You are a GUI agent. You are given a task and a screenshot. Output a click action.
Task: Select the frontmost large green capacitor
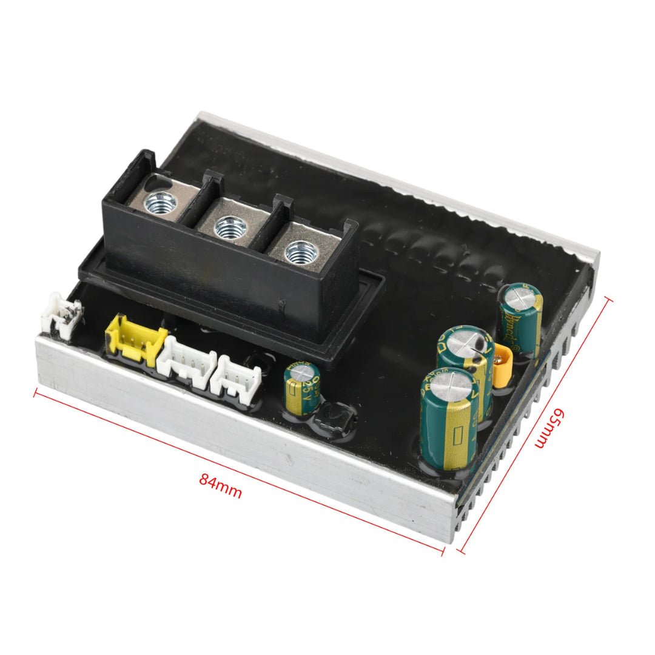pos(448,418)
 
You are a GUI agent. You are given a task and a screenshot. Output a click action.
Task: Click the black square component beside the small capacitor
pos(334,418)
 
